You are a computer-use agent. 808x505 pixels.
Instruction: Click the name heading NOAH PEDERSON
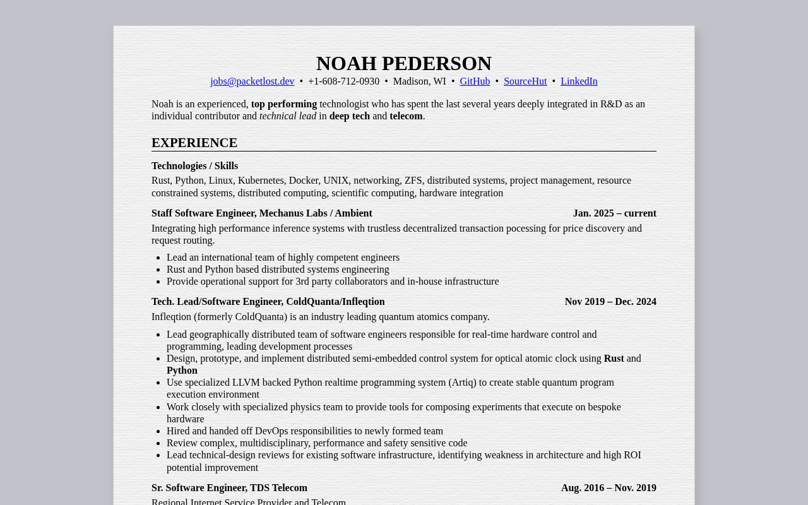(x=404, y=63)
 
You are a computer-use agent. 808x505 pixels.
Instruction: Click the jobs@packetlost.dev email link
(x=252, y=81)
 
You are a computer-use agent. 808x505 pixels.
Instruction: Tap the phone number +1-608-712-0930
(x=343, y=81)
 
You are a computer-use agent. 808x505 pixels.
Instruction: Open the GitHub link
(x=475, y=81)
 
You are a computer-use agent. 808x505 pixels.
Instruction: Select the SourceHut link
(x=525, y=81)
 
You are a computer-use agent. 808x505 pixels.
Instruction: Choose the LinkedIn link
(x=579, y=81)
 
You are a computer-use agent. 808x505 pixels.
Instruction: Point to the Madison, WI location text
(x=419, y=81)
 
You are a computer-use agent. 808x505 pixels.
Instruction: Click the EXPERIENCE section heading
(x=194, y=143)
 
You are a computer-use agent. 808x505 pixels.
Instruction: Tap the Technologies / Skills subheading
(x=194, y=166)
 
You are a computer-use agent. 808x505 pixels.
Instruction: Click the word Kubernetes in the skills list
(x=261, y=181)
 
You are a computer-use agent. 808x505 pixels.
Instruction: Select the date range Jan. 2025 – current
(x=614, y=213)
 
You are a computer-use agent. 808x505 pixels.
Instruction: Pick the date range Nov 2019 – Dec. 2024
(x=610, y=302)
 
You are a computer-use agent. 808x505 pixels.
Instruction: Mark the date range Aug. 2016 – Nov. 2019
(x=609, y=488)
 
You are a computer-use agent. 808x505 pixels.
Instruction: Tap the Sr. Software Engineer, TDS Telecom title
(x=229, y=488)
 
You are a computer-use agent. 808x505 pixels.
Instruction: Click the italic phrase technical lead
(x=288, y=116)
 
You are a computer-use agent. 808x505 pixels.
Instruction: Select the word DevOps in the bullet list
(x=271, y=431)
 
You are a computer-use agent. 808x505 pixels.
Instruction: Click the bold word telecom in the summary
(x=406, y=116)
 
